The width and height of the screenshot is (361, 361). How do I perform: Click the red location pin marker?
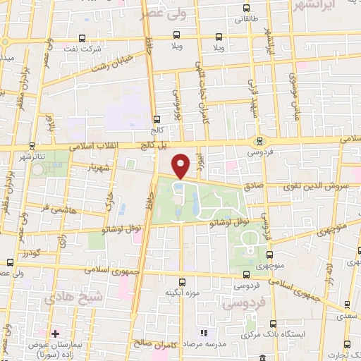pos(181,165)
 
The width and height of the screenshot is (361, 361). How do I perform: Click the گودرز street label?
pos(30,252)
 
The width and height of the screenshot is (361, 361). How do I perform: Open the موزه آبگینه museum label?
pos(183,292)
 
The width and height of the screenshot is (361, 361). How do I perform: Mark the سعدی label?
pos(350,314)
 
